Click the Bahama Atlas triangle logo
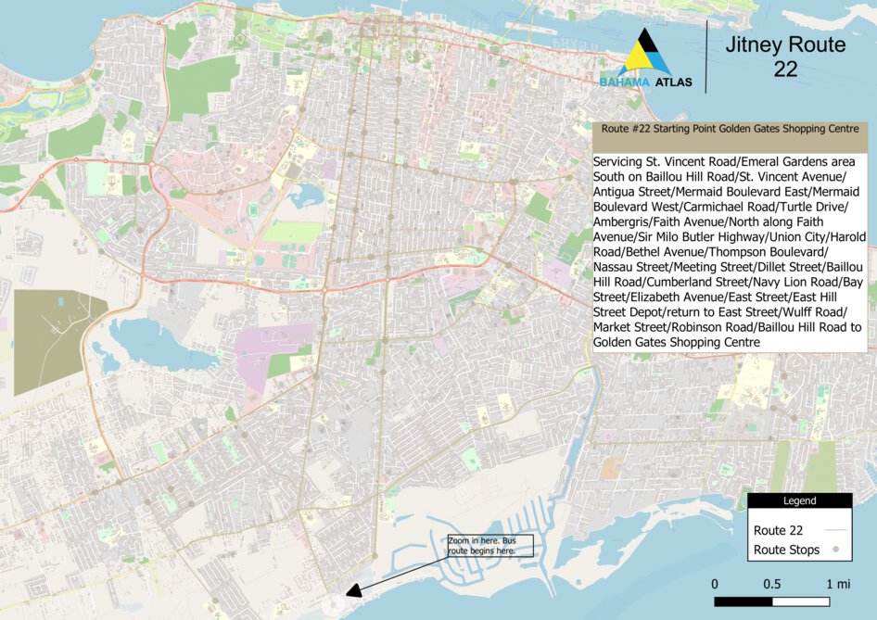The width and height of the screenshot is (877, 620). tap(646, 53)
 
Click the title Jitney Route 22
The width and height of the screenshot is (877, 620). tap(785, 57)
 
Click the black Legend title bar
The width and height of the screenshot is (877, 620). tap(799, 500)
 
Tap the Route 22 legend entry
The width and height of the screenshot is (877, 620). tap(778, 531)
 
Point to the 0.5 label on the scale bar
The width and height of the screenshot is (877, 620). tap(771, 584)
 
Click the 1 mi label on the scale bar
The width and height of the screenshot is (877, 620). tap(837, 584)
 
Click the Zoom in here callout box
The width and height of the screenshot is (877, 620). tap(480, 545)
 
